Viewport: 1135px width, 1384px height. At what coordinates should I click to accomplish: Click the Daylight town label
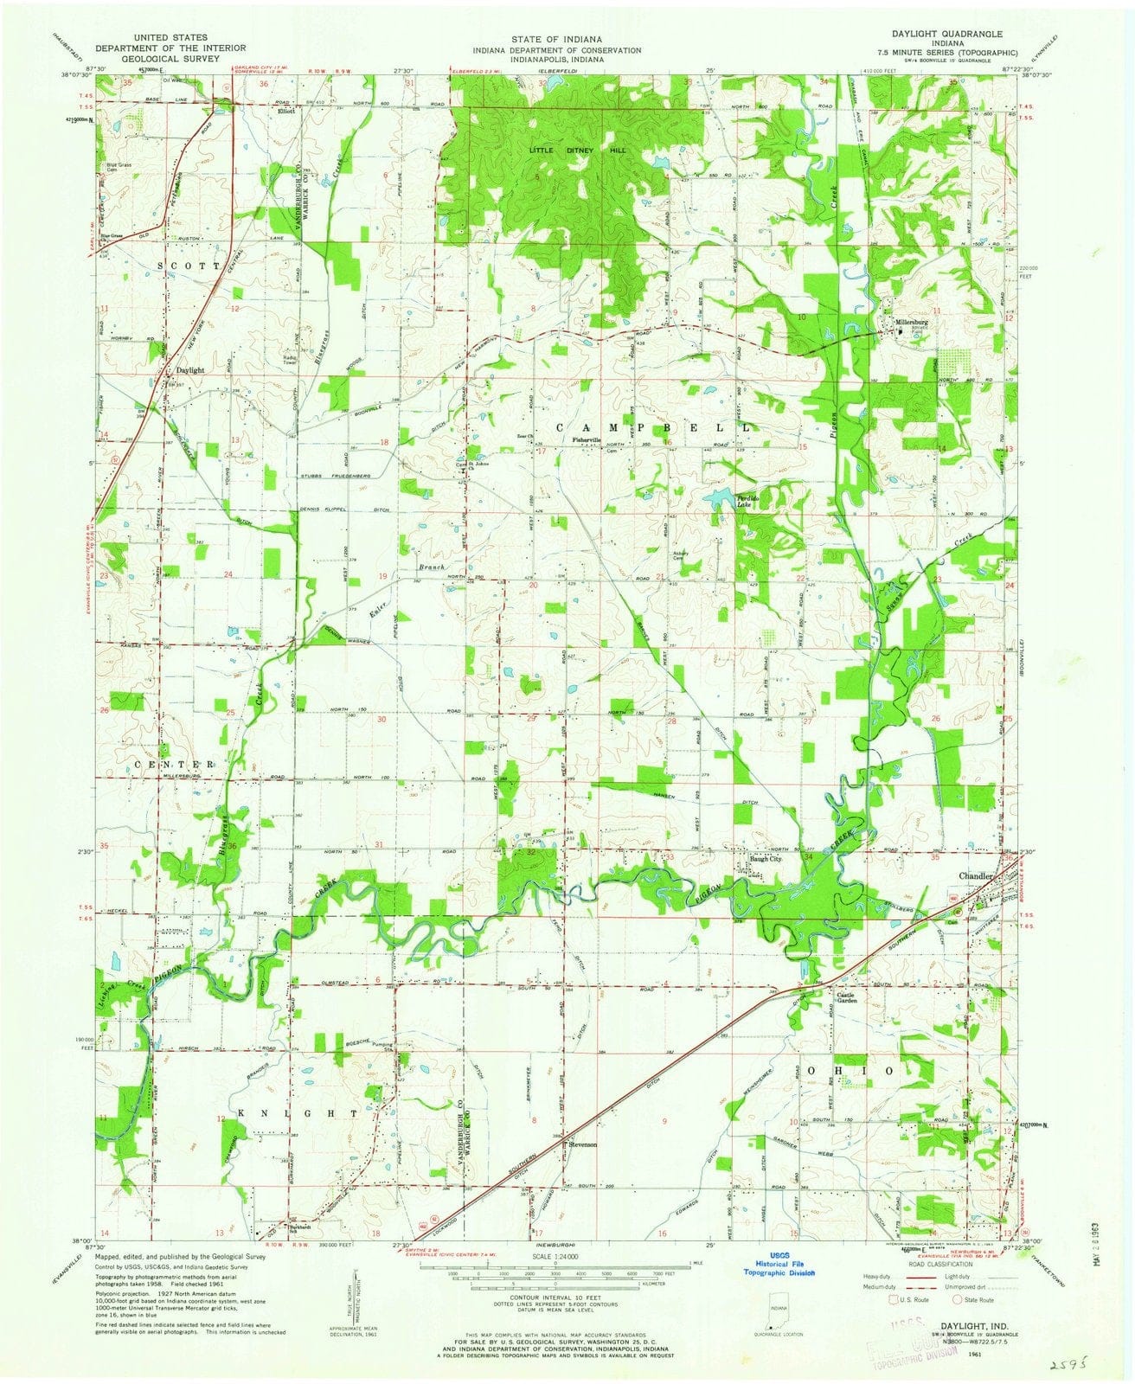189,370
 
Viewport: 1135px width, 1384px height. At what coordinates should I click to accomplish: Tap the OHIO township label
849,1070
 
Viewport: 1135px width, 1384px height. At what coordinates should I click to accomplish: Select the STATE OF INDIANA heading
567,40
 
